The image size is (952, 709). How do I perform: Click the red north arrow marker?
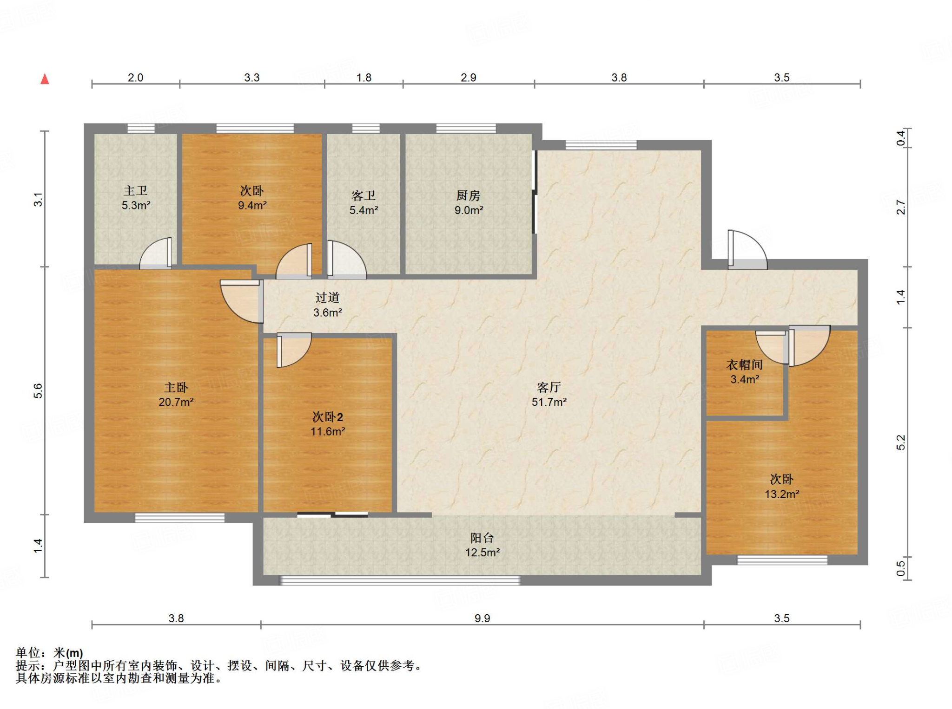pos(45,79)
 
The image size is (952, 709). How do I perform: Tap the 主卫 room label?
pos(136,190)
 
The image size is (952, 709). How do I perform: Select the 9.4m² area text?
pos(252,205)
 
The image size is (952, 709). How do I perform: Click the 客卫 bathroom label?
pos(364,195)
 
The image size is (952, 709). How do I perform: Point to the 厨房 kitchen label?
pos(468,195)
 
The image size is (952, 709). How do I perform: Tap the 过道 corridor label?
pos(328,298)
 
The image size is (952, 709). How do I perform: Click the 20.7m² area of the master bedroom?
pos(176,402)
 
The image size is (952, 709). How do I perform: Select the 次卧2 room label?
pos(328,417)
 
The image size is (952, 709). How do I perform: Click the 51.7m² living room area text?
pos(549,402)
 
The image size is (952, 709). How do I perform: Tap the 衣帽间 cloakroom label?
pos(745,365)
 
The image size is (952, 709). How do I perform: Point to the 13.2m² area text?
pos(782,494)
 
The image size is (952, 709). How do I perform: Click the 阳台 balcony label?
pos(482,538)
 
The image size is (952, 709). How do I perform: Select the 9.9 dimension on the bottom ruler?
pos(483,618)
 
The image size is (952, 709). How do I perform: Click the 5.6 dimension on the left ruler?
pos(38,391)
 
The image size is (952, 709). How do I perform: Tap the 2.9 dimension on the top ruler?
pos(469,78)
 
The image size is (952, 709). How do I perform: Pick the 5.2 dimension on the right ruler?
pos(901,442)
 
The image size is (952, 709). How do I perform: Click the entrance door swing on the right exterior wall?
pos(747,250)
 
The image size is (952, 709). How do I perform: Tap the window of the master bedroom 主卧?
pos(179,518)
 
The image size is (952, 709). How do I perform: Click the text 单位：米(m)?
pos(49,653)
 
